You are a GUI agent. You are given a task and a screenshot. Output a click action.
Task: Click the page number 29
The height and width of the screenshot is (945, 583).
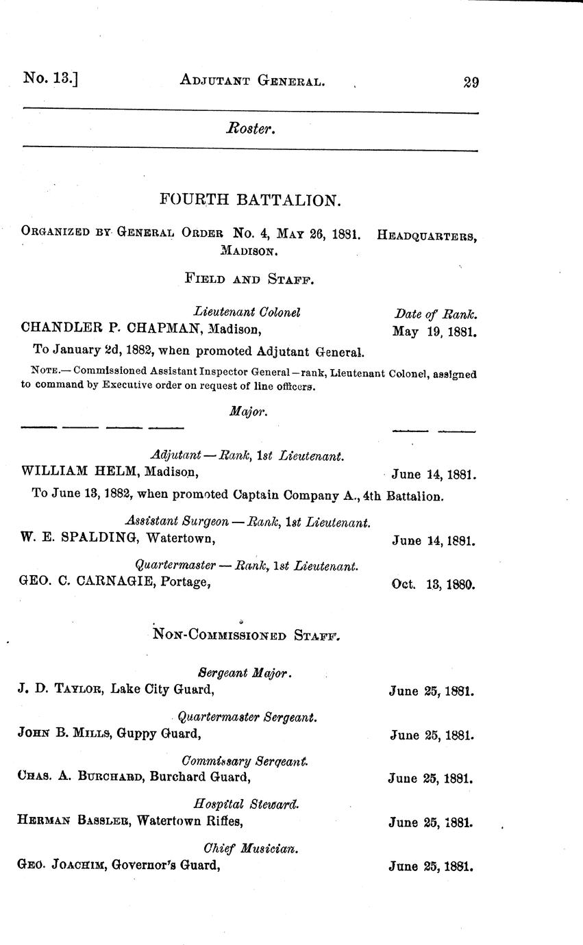tap(471, 82)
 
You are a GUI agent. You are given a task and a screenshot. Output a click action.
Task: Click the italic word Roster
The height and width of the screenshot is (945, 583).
tap(251, 128)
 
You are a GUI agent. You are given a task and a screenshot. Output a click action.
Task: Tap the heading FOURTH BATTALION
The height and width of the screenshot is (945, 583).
tap(249, 200)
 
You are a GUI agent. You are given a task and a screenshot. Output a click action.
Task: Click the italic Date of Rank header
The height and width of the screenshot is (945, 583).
tap(436, 314)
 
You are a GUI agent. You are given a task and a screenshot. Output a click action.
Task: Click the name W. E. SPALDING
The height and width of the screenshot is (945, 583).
tap(77, 538)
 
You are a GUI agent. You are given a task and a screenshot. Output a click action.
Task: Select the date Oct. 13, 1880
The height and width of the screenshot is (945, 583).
tap(433, 585)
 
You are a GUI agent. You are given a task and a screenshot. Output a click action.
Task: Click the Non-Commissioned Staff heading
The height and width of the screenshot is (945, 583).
tap(247, 635)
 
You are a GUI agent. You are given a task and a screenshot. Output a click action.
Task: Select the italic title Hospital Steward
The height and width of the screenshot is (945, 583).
tap(247, 804)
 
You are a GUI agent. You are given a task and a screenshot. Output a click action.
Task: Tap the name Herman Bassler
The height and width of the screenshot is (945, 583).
tap(73, 821)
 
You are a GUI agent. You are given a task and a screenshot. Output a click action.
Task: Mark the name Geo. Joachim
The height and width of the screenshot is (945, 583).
tap(60, 865)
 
